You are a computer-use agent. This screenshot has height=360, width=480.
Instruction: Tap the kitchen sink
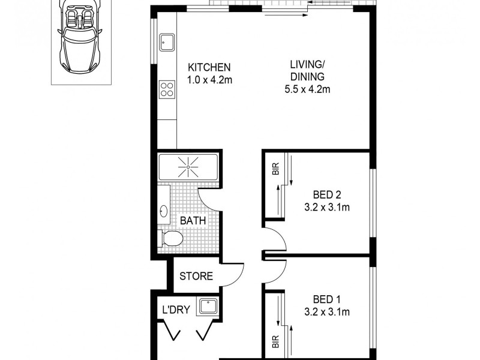[x=166, y=42]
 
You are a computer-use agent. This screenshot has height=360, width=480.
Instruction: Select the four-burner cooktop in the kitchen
[x=166, y=90]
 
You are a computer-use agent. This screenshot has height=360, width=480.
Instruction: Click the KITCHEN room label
[x=209, y=67]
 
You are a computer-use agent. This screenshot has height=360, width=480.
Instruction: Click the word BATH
[x=193, y=220]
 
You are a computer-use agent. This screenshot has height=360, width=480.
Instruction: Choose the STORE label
[x=196, y=277]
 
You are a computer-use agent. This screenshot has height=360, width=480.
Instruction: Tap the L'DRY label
[x=176, y=310]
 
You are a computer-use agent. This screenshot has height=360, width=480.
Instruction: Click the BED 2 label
[x=327, y=194]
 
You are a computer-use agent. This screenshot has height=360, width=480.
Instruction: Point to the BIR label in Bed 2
[x=276, y=170]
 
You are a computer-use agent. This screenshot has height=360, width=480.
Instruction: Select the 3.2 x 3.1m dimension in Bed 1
[x=327, y=311]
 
